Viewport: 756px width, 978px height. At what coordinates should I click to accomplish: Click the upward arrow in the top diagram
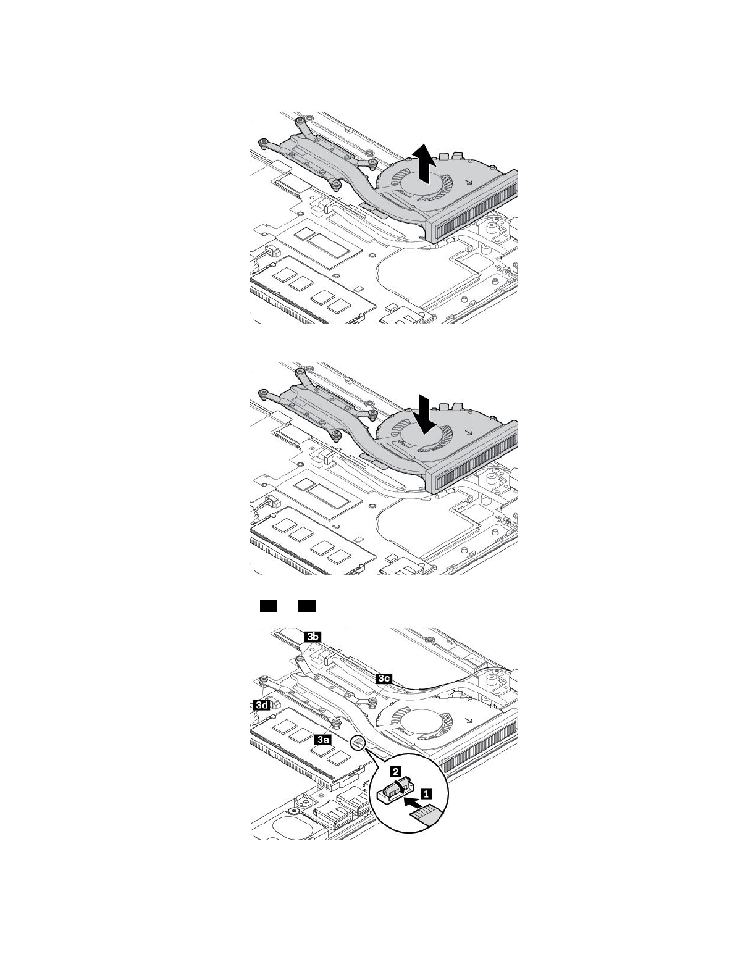point(424,162)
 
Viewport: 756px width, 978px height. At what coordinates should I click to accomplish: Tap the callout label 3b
point(313,637)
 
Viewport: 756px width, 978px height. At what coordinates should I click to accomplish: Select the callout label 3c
point(384,678)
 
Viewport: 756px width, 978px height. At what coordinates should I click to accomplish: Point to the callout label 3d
point(261,704)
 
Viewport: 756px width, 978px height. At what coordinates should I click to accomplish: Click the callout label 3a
point(322,738)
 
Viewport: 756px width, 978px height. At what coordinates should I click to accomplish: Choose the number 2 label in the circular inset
point(397,771)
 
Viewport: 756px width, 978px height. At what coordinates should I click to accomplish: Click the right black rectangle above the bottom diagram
point(306,606)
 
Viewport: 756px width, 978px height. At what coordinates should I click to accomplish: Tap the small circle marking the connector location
point(358,742)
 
